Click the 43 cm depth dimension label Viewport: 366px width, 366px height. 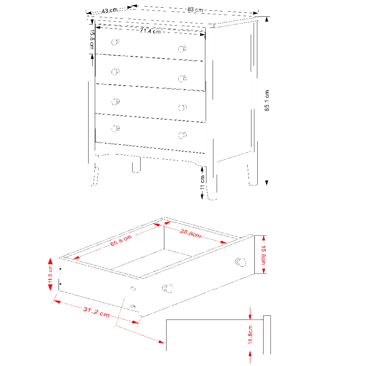(109, 11)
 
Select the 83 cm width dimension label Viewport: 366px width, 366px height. (195, 10)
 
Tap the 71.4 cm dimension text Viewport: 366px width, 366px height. (150, 31)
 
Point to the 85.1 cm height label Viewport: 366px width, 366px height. (266, 101)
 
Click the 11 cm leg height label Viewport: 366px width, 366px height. (202, 182)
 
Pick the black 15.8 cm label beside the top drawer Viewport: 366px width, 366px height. (92, 40)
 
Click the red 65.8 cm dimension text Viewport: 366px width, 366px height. (121, 241)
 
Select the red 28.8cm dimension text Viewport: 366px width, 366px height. (190, 233)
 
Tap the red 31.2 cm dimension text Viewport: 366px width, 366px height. (96, 312)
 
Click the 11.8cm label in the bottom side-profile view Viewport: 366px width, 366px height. (250, 335)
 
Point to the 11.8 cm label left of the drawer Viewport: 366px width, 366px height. (50, 274)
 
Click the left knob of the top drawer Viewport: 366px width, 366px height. (115, 42)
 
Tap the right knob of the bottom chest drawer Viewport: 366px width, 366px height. (182, 135)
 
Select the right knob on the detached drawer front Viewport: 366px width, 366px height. (240, 262)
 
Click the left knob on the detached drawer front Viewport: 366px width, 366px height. (168, 288)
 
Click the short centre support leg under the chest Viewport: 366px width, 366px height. (136, 165)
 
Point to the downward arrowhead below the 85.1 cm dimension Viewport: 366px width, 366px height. (266, 183)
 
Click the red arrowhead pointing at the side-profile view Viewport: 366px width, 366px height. (161, 342)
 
